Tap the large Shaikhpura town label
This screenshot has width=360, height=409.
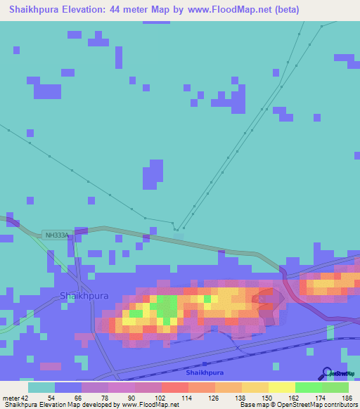point(84,296)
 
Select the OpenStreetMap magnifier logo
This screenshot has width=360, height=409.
point(326,374)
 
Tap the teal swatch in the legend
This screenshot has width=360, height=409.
point(41,388)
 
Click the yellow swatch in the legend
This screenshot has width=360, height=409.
point(282,388)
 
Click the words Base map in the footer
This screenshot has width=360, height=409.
point(251,404)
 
